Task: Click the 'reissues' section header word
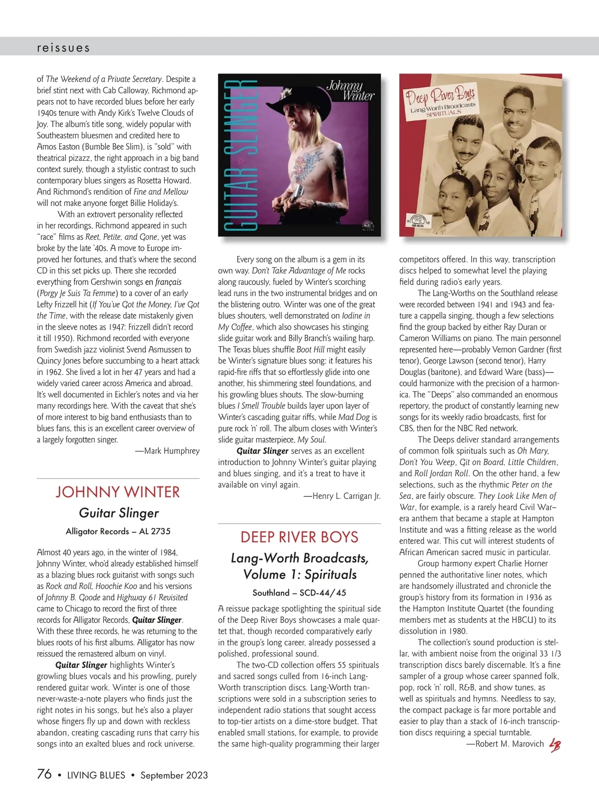(63, 48)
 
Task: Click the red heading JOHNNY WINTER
(118, 492)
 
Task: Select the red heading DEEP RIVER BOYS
(299, 537)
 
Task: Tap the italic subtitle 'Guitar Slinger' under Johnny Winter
(119, 513)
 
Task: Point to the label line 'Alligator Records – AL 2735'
(118, 531)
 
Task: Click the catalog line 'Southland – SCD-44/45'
(299, 593)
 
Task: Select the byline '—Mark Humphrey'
(167, 451)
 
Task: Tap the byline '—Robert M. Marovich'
(505, 744)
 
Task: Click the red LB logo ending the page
(555, 745)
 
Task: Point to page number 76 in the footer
(44, 774)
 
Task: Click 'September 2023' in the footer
(174, 775)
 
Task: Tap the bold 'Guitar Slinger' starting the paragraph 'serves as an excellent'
(263, 451)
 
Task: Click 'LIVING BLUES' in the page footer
(96, 775)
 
